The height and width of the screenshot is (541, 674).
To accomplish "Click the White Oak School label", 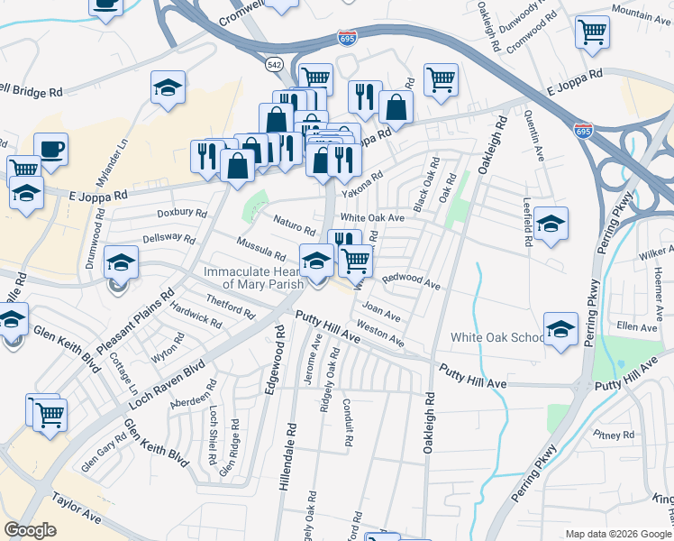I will pyautogui.click(x=497, y=338).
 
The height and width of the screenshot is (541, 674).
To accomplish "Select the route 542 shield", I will pyautogui.click(x=275, y=65).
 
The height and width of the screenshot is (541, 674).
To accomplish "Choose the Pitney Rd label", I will pyautogui.click(x=615, y=435).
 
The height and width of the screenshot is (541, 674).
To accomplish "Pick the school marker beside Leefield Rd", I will pyautogui.click(x=551, y=224).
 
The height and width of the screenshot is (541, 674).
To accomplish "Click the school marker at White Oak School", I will pyautogui.click(x=560, y=328).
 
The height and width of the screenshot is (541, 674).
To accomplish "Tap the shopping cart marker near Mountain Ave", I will pyautogui.click(x=592, y=32).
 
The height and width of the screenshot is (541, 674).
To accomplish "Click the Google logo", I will pyautogui.click(x=30, y=530).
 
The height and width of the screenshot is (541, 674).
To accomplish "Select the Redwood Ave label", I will pyautogui.click(x=411, y=282).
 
